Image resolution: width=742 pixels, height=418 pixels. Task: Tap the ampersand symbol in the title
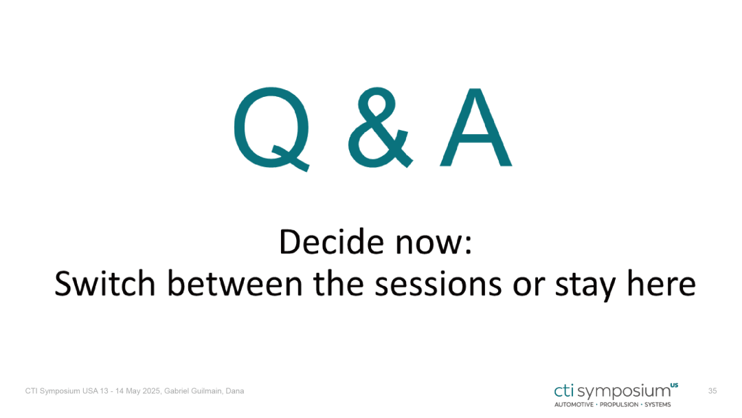click(x=380, y=127)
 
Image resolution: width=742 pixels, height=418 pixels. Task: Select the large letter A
click(x=475, y=127)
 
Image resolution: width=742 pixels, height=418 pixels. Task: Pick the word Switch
click(x=105, y=283)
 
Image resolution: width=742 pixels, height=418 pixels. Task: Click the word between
click(x=235, y=283)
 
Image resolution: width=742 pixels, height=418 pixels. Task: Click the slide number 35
click(x=712, y=391)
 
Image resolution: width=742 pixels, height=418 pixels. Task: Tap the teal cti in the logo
click(x=564, y=390)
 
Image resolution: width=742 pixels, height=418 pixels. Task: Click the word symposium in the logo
click(x=624, y=392)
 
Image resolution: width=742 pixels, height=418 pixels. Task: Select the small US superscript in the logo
click(x=675, y=385)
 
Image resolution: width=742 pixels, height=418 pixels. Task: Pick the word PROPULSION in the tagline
click(x=619, y=405)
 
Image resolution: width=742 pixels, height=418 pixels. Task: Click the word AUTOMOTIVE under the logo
click(x=574, y=405)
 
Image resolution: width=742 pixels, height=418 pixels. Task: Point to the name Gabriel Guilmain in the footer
click(x=193, y=391)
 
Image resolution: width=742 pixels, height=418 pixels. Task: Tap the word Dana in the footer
click(x=235, y=391)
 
